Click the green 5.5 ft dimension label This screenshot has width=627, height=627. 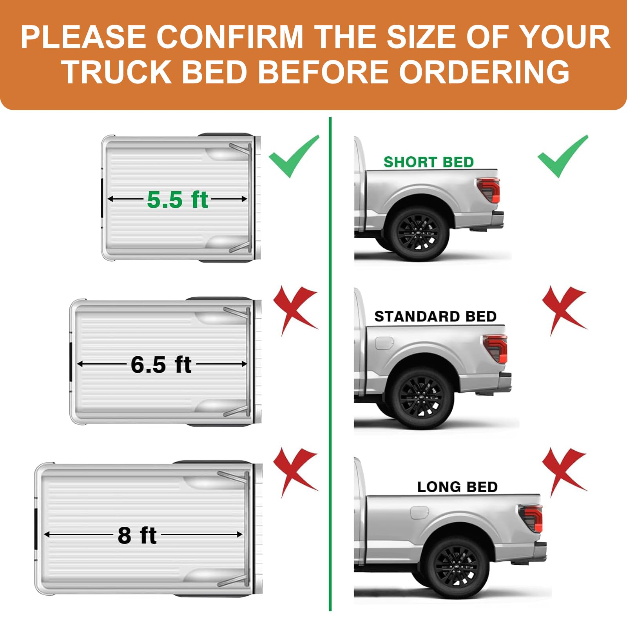177,199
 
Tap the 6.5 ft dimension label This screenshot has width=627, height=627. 161,364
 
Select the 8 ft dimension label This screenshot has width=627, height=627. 137,535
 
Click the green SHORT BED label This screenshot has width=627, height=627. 428,162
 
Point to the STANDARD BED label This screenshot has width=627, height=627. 435,316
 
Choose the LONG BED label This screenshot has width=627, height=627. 457,487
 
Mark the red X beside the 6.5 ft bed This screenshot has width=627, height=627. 295,310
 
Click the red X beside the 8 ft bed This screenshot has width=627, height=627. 295,472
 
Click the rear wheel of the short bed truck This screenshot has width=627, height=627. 418,233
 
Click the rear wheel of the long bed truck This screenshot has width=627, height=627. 457,567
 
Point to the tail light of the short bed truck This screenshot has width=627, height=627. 489,189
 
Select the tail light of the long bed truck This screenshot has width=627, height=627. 531,518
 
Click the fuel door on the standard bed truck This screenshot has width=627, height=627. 384,343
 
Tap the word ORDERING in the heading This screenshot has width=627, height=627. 484,72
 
